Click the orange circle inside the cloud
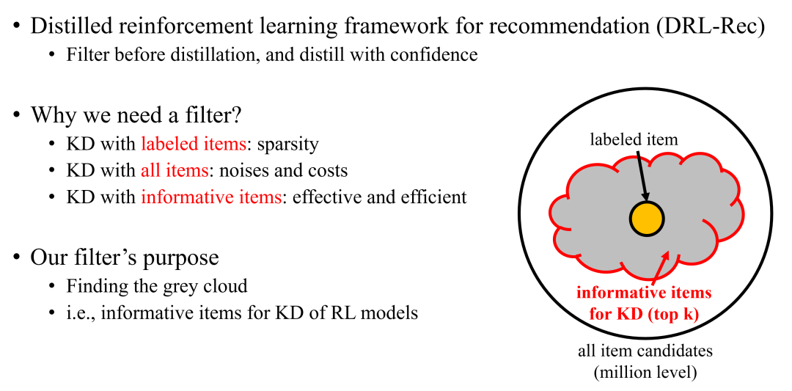646,219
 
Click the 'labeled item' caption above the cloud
634,139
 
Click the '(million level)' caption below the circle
645,372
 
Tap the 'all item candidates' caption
645,351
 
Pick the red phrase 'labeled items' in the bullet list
193,144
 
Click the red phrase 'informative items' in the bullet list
211,197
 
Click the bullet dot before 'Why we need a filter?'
17,117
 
